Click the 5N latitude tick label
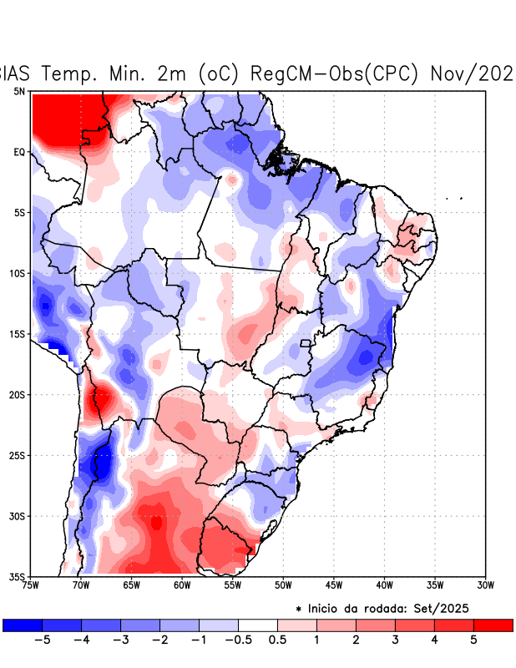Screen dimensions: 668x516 point(19,91)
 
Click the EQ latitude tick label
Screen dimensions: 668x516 point(19,152)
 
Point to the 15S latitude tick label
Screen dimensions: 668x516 point(18,334)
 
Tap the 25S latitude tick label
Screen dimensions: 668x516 point(18,455)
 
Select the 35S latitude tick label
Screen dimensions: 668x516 point(18,577)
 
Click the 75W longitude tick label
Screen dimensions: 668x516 point(31,585)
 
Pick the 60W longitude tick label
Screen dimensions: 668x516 point(182,585)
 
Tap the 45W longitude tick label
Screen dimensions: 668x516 point(334,585)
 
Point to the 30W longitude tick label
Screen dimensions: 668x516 point(486,585)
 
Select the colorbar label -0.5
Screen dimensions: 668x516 point(238,640)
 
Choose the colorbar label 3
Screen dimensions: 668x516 point(395,640)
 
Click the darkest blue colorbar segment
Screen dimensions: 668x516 point(23,625)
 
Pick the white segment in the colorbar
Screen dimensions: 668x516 point(258,625)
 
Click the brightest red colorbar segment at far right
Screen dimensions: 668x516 point(493,625)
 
